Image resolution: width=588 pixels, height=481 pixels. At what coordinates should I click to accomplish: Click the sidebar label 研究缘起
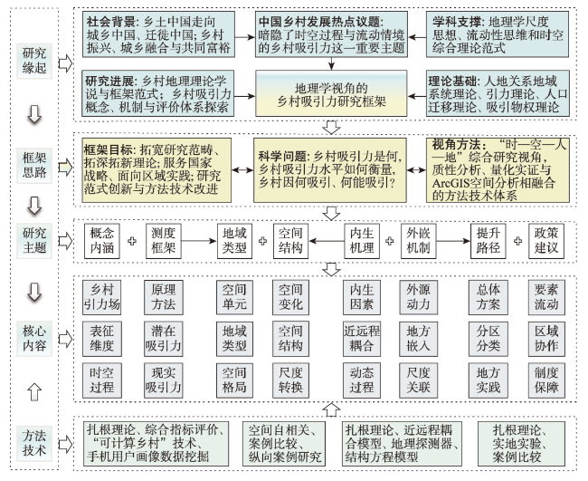[x=34, y=61]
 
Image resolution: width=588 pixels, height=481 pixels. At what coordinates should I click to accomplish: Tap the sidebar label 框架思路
[x=34, y=165]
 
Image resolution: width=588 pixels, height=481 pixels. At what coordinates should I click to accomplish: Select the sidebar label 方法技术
[x=34, y=443]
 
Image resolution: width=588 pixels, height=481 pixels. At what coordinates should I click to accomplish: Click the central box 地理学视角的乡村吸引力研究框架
[x=331, y=93]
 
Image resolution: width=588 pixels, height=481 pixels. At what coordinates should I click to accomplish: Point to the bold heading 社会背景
[x=109, y=22]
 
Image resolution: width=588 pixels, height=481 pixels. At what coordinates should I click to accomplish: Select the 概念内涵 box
[x=102, y=241]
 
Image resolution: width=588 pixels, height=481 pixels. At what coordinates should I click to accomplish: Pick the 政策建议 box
[x=546, y=241]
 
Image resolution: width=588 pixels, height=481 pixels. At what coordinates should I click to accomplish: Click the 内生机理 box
[x=362, y=241]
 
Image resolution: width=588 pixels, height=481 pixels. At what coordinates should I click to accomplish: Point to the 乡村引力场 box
[x=102, y=297]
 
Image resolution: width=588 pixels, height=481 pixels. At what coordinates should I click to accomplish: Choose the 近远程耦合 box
[x=362, y=339]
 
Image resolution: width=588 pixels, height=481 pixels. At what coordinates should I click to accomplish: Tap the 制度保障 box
[x=546, y=380]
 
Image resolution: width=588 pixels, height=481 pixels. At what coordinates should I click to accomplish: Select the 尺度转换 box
[x=290, y=380]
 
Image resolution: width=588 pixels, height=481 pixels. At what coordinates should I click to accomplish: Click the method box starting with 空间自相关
[x=284, y=444]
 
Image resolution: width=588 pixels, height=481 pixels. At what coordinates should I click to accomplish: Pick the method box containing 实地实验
[x=521, y=444]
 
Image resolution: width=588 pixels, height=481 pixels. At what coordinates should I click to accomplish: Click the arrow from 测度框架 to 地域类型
[x=199, y=241]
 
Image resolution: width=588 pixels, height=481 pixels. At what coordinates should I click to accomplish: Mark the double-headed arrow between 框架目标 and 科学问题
[x=242, y=170]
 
